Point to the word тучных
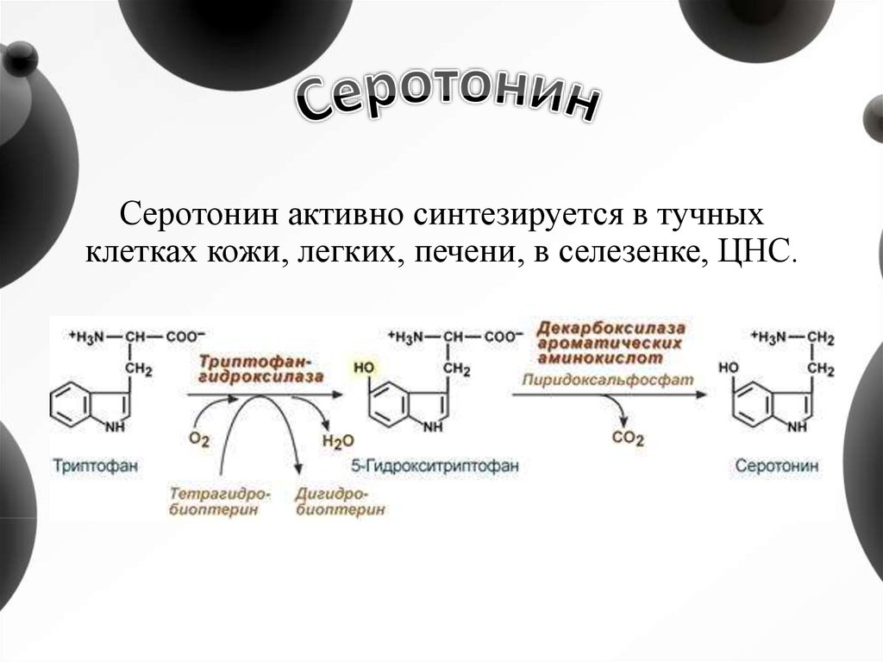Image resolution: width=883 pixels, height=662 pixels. click(722, 212)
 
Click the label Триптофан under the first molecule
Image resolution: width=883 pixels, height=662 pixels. click(97, 466)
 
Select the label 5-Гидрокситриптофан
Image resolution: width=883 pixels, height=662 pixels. click(436, 466)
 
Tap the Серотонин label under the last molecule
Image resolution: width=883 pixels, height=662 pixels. click(778, 466)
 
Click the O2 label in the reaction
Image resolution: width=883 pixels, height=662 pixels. click(199, 439)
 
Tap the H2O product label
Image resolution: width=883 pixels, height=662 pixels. click(337, 441)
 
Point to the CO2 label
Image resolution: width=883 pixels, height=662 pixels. click(628, 438)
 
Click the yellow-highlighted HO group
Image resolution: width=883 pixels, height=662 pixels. click(362, 367)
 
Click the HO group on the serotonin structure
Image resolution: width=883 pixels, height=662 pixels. click(730, 367)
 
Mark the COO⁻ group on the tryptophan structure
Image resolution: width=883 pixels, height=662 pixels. click(184, 337)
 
